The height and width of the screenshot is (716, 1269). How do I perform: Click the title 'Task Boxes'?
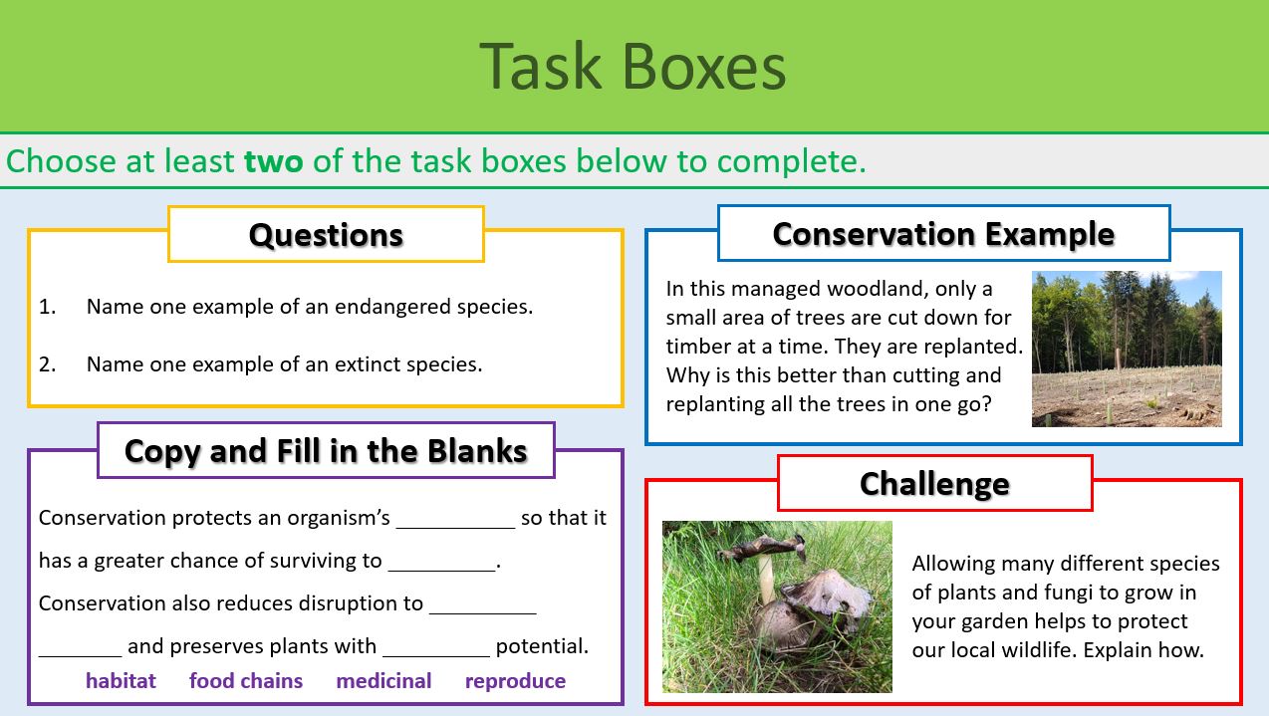click(x=633, y=67)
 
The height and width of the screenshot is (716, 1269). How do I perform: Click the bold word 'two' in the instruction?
click(x=274, y=161)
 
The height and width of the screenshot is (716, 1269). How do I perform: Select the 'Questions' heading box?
click(x=326, y=234)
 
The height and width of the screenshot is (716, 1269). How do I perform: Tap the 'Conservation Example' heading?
click(x=943, y=234)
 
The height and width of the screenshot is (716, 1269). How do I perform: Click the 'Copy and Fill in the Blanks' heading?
click(x=326, y=451)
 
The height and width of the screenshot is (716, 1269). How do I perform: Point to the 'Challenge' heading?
click(x=934, y=484)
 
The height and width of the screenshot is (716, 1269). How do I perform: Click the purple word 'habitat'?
click(x=121, y=681)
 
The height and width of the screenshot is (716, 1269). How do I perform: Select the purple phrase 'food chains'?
click(x=246, y=681)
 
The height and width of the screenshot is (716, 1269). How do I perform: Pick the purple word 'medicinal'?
click(x=383, y=681)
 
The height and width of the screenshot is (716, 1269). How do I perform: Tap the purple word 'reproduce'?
click(x=515, y=681)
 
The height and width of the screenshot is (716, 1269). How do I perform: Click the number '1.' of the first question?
click(x=48, y=307)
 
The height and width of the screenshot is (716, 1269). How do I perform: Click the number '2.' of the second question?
click(x=48, y=364)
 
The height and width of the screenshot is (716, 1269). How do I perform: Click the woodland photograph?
click(x=1127, y=349)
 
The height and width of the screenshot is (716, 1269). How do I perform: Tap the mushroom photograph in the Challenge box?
click(x=777, y=606)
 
